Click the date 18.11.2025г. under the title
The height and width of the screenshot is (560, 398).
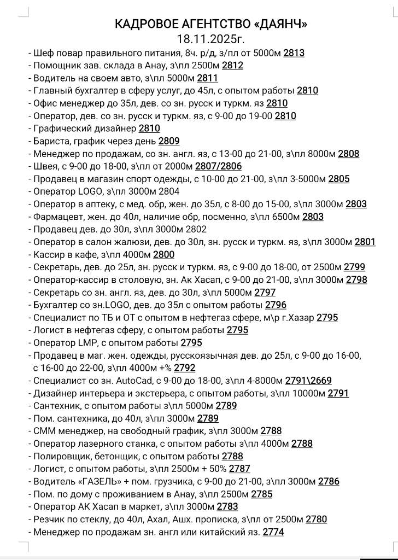(210, 39)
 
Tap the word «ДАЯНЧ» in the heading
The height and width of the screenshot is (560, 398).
(280, 24)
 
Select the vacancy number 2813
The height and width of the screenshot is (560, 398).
(294, 53)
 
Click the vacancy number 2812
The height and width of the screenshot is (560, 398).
(232, 66)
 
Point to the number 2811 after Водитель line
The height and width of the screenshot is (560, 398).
(207, 78)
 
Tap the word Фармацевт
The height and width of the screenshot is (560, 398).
(57, 217)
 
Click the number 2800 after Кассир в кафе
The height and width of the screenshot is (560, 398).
(163, 255)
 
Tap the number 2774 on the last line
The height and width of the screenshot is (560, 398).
(273, 532)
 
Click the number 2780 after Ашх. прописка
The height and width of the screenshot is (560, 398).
(316, 520)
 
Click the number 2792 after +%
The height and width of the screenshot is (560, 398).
(185, 368)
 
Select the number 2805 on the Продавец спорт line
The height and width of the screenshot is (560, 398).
(339, 179)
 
